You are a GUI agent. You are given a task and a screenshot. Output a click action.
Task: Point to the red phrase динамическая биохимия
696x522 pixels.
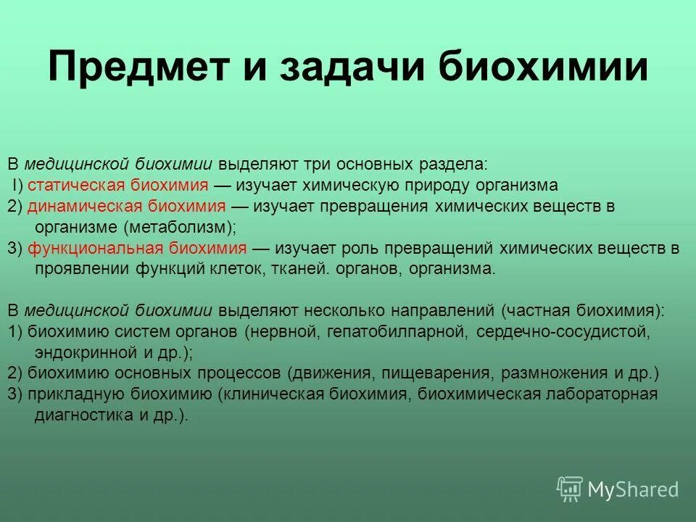click(128, 206)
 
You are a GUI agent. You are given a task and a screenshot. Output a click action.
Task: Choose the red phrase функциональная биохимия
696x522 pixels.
click(137, 248)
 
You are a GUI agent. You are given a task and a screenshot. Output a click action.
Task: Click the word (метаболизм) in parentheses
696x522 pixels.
click(179, 226)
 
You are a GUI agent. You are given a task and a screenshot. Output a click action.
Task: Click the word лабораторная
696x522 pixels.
click(602, 395)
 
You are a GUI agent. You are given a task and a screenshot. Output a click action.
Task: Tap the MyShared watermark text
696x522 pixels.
click(633, 489)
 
